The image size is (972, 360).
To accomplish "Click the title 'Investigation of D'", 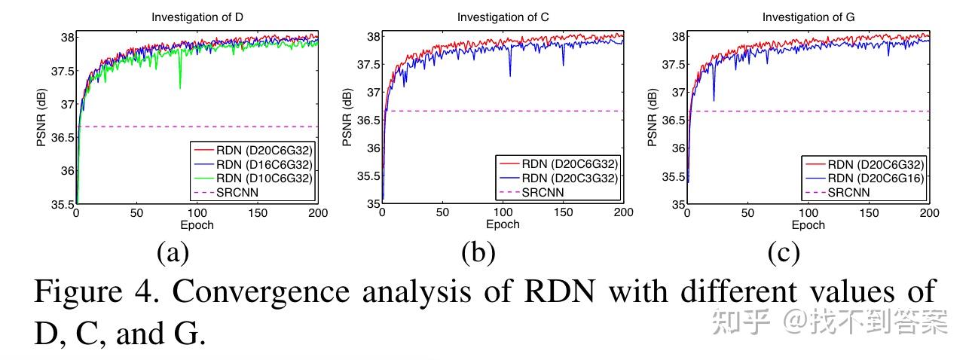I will coord(197,17).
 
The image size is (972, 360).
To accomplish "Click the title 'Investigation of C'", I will coord(503,17).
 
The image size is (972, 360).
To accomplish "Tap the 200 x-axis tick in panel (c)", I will coord(930,214).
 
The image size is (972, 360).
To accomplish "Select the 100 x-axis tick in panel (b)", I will coord(503,214).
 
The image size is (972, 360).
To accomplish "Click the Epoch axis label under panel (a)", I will coord(197,224).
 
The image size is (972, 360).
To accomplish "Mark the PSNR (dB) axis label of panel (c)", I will coord(653,120).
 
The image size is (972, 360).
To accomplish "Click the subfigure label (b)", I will coord(478,253).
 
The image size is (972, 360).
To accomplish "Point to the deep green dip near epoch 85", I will coord(179,87).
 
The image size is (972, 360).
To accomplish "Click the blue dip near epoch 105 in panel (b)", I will coord(510,75).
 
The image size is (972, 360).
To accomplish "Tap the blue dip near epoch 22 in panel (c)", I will coord(714,99).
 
